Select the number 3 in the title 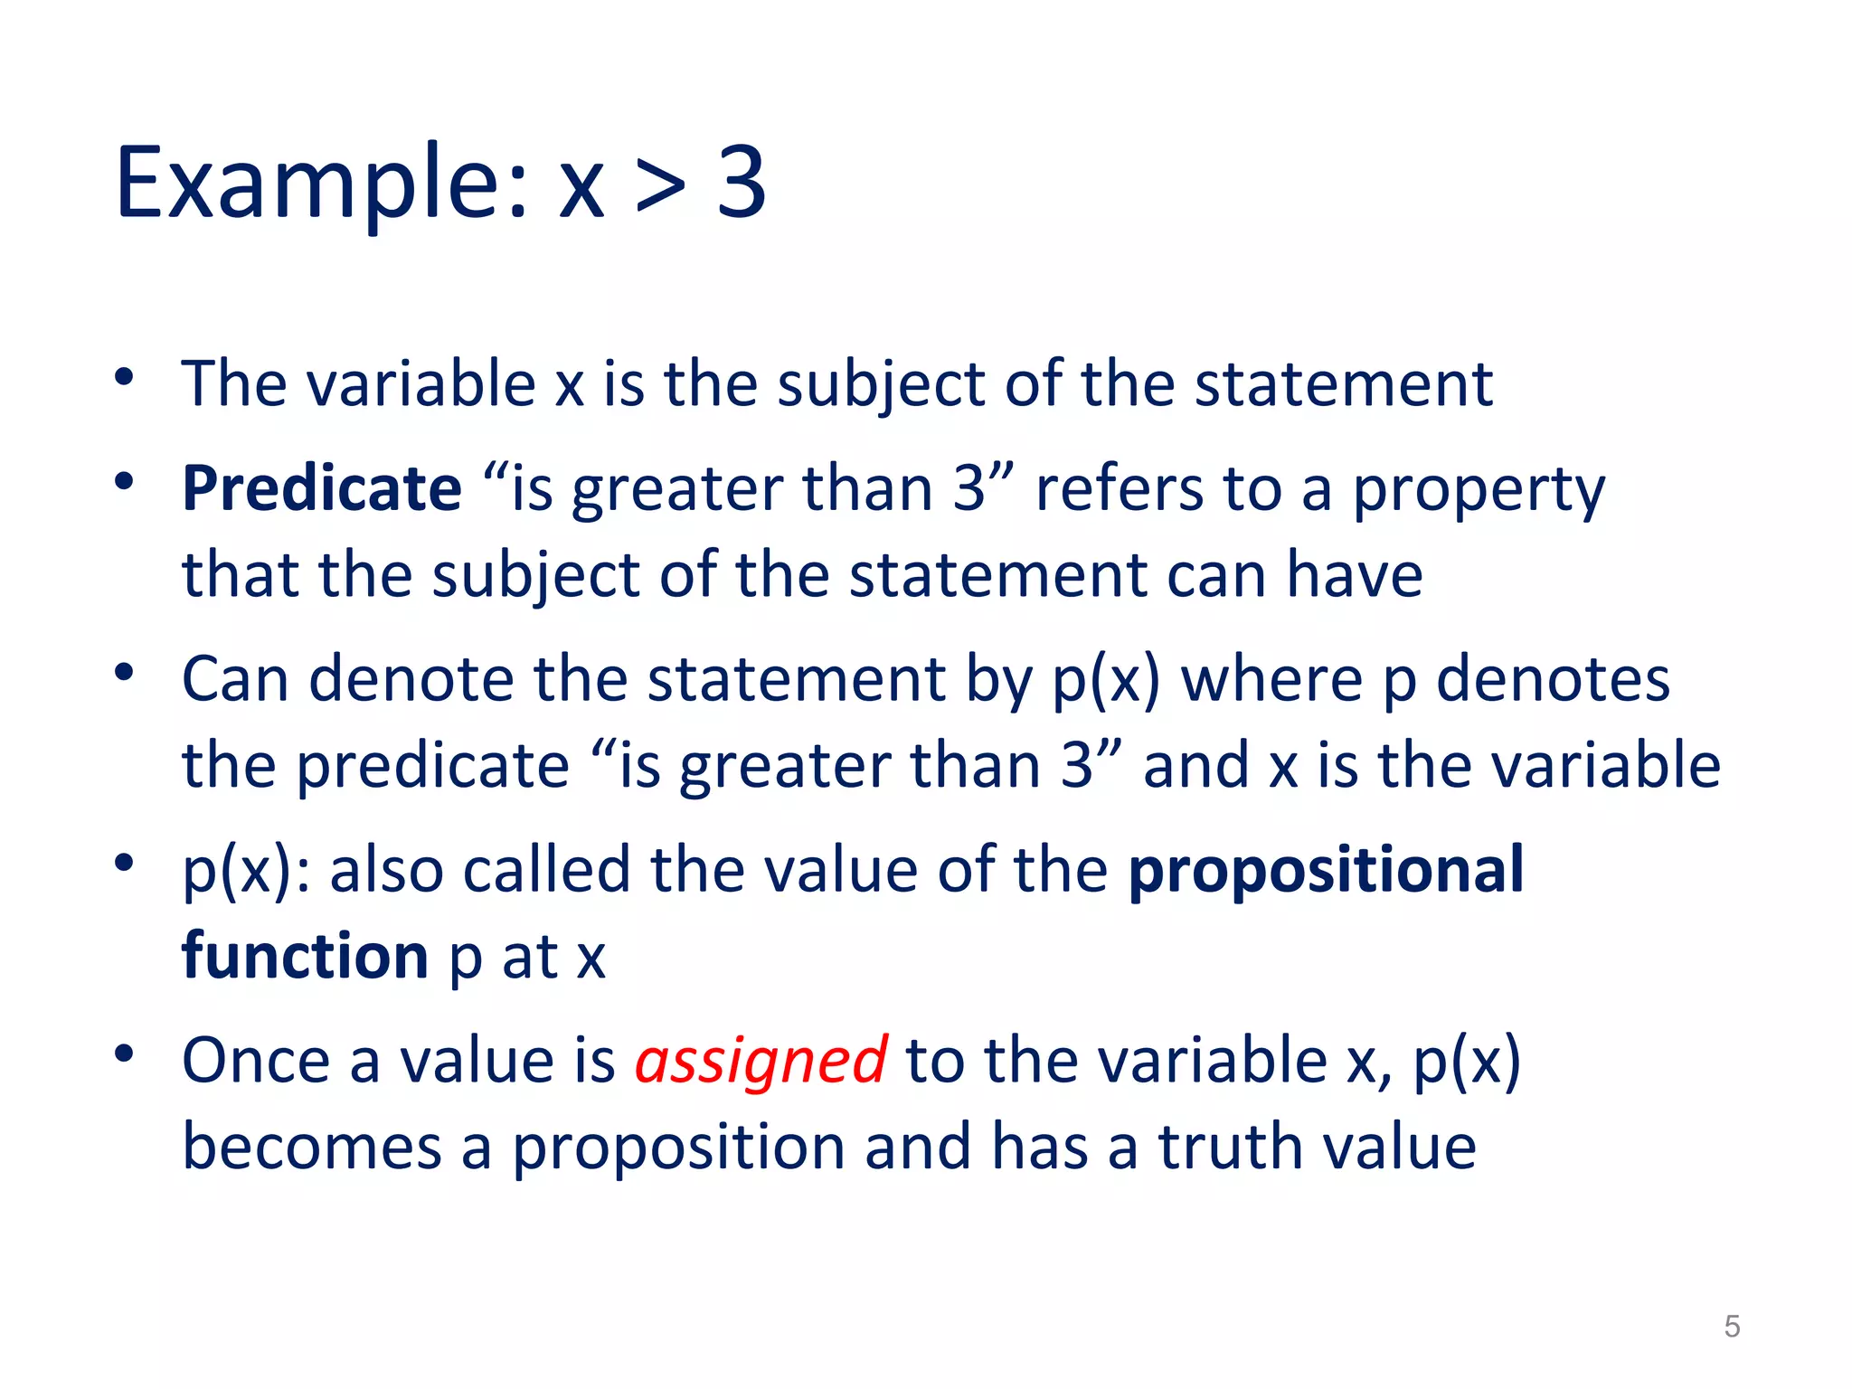click(742, 184)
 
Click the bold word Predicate click(322, 488)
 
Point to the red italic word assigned click(761, 1061)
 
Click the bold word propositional click(1326, 870)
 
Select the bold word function click(305, 956)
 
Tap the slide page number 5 click(1732, 1327)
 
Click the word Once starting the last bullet click(256, 1061)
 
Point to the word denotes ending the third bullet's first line click(1553, 679)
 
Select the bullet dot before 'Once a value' click(125, 1054)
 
